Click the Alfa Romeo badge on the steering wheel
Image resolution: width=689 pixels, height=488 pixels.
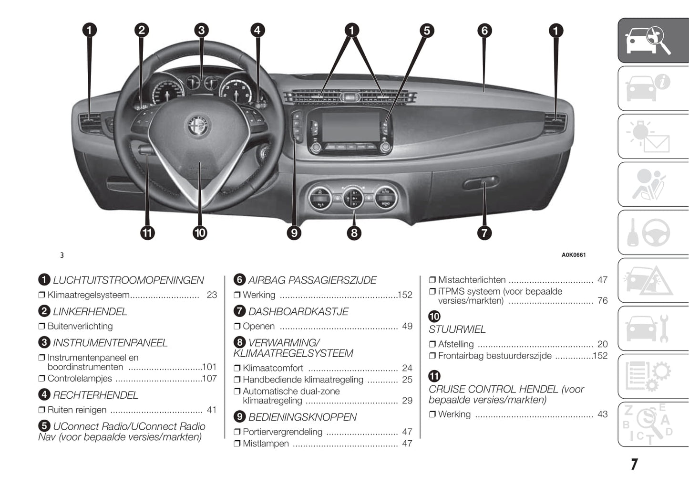pyautogui.click(x=198, y=126)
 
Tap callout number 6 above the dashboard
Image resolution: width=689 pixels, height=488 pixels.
pyautogui.click(x=484, y=31)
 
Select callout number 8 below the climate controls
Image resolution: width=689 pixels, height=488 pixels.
pyautogui.click(x=353, y=233)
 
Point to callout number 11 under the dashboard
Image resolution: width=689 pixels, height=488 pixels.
pyautogui.click(x=147, y=233)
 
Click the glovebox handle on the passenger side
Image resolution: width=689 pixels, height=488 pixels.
pyautogui.click(x=481, y=183)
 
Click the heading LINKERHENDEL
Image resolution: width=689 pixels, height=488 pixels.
pyautogui.click(x=90, y=312)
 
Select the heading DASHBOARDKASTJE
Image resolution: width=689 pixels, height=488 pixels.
pyautogui.click(x=298, y=312)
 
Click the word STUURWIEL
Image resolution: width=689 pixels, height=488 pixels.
pyautogui.click(x=457, y=329)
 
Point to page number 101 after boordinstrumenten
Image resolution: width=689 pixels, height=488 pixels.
pyautogui.click(x=209, y=367)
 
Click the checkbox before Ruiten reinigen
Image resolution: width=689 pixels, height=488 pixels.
pyautogui.click(x=41, y=410)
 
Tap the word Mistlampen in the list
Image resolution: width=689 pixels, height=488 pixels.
pyautogui.click(x=266, y=444)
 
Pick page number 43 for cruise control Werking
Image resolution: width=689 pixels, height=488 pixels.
pyautogui.click(x=602, y=414)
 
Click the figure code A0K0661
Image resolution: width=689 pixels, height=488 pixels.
pyautogui.click(x=573, y=255)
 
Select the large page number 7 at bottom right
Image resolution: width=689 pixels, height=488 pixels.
pyautogui.click(x=634, y=464)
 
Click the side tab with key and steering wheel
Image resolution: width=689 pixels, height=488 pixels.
pyautogui.click(x=653, y=233)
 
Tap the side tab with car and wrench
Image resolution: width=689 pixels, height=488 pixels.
pyautogui.click(x=653, y=329)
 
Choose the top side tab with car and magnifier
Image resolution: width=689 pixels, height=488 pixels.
pyautogui.click(x=653, y=41)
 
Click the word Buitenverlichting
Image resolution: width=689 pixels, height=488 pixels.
pyautogui.click(x=80, y=327)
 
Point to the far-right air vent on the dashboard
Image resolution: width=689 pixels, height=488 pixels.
pyautogui.click(x=555, y=123)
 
